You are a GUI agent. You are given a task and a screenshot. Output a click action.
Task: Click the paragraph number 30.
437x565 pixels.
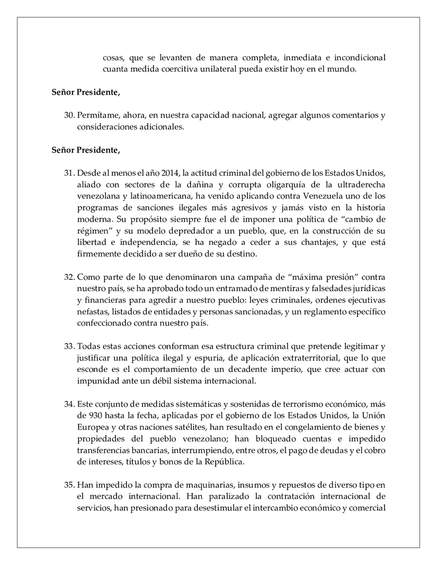(x=69, y=115)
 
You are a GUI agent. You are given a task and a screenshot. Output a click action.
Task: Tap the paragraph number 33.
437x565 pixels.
(x=69, y=347)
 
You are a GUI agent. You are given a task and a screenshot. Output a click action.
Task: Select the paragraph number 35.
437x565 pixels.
(x=69, y=485)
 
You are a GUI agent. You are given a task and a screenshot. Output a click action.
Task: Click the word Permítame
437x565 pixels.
(x=97, y=115)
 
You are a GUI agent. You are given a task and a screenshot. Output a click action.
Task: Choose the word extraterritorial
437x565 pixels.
(x=286, y=358)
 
